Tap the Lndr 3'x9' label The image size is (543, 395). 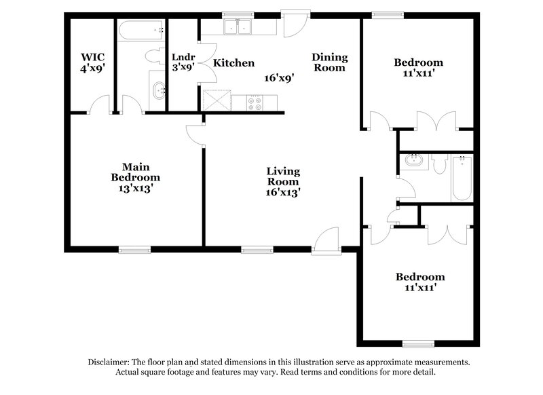(183, 62)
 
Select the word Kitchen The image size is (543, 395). (234, 63)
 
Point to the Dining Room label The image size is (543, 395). (329, 62)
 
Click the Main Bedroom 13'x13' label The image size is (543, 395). (136, 178)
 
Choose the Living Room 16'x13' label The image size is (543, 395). (283, 182)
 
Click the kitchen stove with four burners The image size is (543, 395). (257, 102)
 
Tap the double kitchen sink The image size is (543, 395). (238, 26)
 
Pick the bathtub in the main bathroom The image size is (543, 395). (141, 31)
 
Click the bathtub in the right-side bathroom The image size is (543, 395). (462, 178)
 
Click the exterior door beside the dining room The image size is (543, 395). (295, 24)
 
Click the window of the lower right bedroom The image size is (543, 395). (418, 343)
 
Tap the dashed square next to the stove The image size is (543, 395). (217, 100)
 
